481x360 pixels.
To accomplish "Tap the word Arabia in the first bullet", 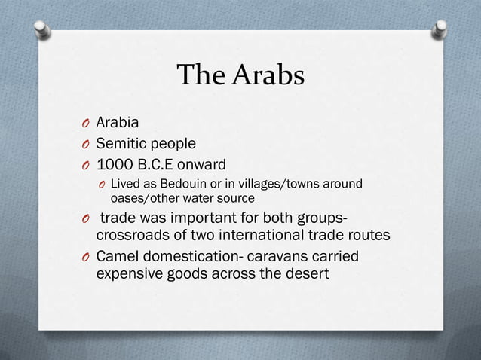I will tap(117, 122).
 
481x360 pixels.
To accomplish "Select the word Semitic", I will tap(120, 143).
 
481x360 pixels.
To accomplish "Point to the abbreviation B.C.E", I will tap(158, 164).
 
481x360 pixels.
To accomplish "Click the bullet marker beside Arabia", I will tap(87, 123).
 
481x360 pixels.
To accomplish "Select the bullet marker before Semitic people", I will tap(87, 144).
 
